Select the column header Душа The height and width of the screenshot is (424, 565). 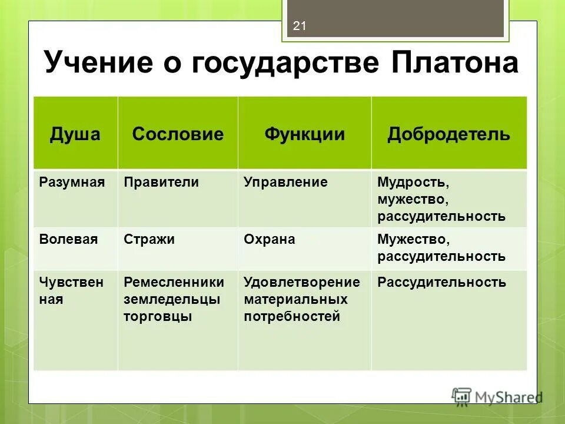point(75,134)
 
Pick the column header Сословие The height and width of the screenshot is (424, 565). point(178,134)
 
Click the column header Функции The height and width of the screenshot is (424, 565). point(304,134)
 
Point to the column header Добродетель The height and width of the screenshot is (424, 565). point(448,134)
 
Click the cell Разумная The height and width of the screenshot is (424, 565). point(72,182)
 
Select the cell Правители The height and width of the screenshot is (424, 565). point(161,182)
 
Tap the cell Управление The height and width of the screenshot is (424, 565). point(285,182)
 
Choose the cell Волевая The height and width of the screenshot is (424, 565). point(68,239)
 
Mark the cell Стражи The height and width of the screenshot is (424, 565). point(149,239)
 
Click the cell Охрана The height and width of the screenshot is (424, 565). point(269,239)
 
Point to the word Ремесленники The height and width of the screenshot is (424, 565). point(174,282)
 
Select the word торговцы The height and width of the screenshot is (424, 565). point(158,316)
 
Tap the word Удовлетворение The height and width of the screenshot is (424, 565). point(301,282)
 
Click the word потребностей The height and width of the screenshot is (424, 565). point(292,316)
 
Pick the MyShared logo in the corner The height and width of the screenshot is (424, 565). point(497,396)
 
